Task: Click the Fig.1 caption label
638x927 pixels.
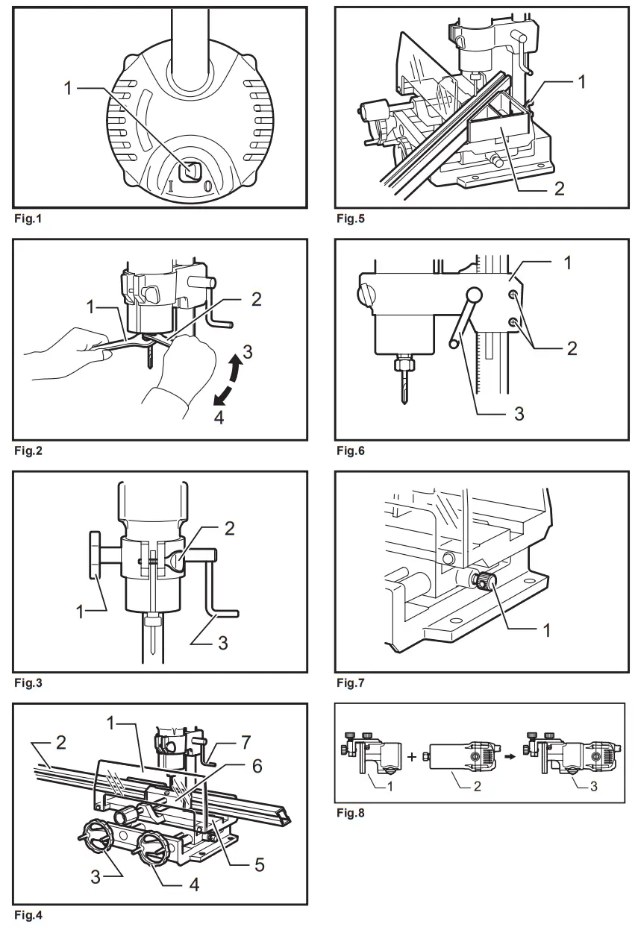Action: point(28,219)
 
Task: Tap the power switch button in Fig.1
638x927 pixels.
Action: point(190,171)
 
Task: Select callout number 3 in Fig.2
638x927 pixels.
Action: point(247,351)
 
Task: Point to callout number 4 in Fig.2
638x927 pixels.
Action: point(219,418)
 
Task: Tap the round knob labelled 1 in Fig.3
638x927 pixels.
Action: point(95,555)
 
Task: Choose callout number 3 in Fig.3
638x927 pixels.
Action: point(224,641)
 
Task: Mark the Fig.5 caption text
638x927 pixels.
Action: point(351,219)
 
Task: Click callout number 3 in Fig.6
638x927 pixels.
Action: point(520,412)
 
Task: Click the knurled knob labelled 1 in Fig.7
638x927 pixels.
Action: point(488,582)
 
